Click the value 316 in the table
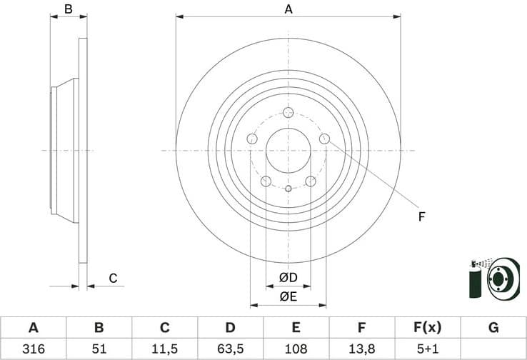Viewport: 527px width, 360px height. point(33,349)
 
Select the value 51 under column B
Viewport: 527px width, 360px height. point(99,349)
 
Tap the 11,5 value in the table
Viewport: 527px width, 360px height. point(164,349)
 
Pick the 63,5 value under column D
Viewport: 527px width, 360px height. point(230,349)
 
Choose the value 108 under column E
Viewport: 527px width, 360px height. point(296,349)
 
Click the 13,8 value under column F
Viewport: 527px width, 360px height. point(362,349)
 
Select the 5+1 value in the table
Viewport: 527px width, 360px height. point(428,349)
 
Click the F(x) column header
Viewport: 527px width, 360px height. point(428,328)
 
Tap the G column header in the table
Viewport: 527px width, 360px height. point(493,328)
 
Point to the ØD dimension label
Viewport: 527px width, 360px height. point(288,277)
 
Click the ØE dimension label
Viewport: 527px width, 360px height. point(288,296)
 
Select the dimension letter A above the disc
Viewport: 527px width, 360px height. point(288,9)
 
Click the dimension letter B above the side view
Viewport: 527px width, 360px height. point(69,9)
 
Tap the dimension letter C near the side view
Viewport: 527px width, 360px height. point(112,279)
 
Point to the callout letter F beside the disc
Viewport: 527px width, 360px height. point(421,216)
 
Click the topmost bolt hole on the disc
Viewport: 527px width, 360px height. point(288,113)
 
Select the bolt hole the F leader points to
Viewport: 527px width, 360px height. point(324,139)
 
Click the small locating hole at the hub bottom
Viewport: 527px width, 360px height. point(288,189)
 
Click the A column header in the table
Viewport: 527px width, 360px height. point(33,328)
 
